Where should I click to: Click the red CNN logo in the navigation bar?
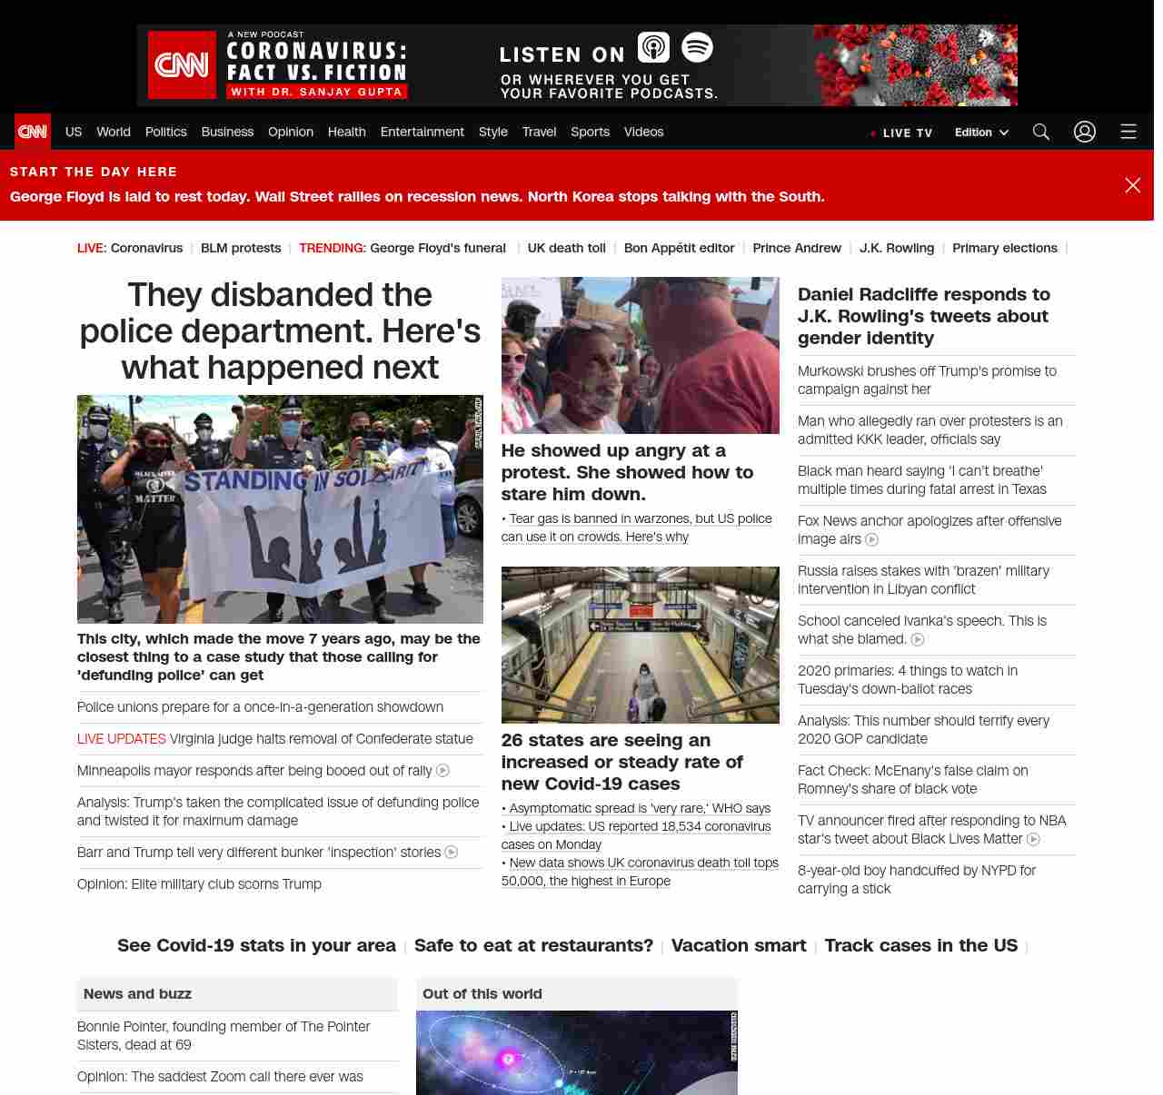(33, 132)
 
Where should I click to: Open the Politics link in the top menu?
(165, 132)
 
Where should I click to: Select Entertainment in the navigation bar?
(422, 132)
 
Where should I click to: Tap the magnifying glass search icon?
(1041, 132)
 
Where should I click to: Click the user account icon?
(1085, 132)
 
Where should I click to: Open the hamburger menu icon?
(1128, 132)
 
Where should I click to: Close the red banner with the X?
(1133, 185)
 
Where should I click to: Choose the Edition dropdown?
(981, 132)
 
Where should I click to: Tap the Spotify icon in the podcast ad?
(697, 47)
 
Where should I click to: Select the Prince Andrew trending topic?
(797, 248)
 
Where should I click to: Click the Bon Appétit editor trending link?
(679, 248)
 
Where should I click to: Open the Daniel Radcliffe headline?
(924, 316)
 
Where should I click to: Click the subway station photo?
(641, 645)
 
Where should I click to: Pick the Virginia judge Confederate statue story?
(321, 739)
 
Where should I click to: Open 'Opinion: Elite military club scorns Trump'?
(199, 884)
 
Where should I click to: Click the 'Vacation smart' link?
(739, 945)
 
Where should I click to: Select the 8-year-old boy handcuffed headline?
(917, 879)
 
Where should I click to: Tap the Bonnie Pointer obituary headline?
(224, 1035)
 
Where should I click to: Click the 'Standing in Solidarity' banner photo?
(280, 509)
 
